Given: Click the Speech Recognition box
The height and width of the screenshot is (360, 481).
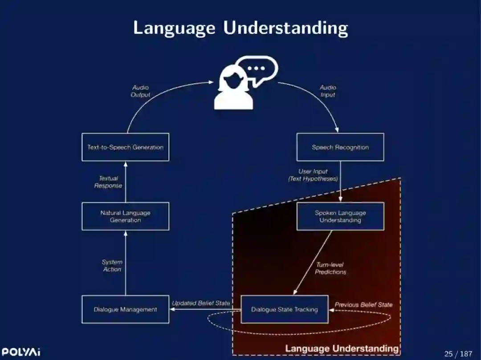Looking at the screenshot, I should [340, 147].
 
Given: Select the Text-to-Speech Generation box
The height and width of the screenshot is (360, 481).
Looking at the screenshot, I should [125, 147].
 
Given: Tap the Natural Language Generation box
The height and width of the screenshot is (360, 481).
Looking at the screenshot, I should [125, 216].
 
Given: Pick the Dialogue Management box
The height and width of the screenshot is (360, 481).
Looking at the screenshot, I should [125, 309].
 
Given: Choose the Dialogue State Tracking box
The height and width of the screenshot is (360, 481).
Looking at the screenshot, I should [285, 309].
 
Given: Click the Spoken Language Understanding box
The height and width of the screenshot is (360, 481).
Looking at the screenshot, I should [340, 216].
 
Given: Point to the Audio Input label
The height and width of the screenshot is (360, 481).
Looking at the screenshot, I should [328, 91].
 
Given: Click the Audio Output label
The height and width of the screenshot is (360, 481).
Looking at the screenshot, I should [140, 91].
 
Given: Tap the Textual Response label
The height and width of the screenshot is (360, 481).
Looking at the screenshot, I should [108, 182].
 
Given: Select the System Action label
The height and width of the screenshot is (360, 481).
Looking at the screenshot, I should [112, 266].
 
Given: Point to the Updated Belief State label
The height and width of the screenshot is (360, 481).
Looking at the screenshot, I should [201, 303].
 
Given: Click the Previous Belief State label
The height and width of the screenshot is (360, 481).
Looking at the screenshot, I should [363, 305].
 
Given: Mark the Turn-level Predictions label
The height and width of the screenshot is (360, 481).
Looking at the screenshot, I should [330, 268].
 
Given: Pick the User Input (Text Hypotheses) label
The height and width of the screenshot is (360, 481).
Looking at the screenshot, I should [313, 175].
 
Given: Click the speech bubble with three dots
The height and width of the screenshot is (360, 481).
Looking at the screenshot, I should [256, 69].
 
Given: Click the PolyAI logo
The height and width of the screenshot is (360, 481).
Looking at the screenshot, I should [21, 352].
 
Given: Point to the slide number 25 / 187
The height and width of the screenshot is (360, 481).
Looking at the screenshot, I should [458, 354].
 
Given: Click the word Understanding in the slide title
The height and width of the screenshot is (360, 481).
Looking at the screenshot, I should [285, 28].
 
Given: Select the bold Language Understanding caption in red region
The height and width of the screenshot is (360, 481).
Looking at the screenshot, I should [342, 348].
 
